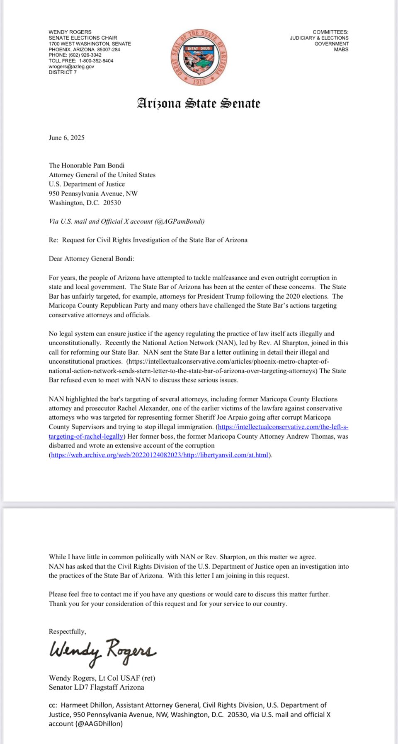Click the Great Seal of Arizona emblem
pyautogui.click(x=199, y=58)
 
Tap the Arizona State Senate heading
pyautogui.click(x=199, y=103)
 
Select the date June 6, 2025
pyautogui.click(x=67, y=138)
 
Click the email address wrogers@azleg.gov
pyautogui.click(x=71, y=66)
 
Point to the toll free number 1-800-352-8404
pyautogui.click(x=96, y=60)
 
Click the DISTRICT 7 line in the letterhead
pyautogui.click(x=63, y=72)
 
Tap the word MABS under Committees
pyautogui.click(x=341, y=49)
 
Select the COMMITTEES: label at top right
pyautogui.click(x=330, y=32)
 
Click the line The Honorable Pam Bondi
pyautogui.click(x=87, y=165)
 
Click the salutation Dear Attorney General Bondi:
pyautogui.click(x=92, y=258)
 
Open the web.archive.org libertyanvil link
pyautogui.click(x=160, y=455)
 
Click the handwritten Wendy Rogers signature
pyautogui.click(x=102, y=652)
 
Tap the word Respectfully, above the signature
pyautogui.click(x=68, y=631)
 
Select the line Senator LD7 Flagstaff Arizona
pyautogui.click(x=97, y=687)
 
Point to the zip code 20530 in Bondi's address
pyautogui.click(x=112, y=203)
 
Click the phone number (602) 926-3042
pyautogui.click(x=85, y=55)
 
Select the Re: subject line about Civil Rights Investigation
pyautogui.click(x=148, y=240)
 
